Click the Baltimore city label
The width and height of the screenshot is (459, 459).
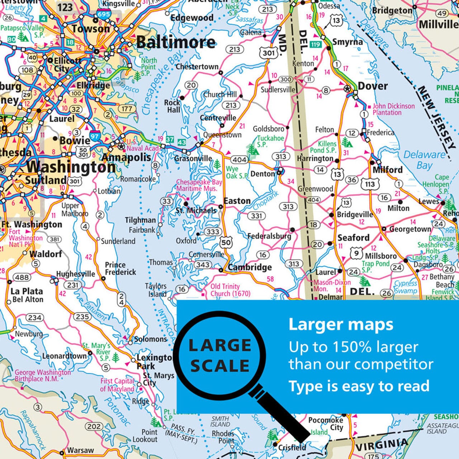(x=176, y=42)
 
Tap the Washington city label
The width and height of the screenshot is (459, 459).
(x=71, y=167)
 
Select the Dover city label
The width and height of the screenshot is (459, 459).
(x=373, y=86)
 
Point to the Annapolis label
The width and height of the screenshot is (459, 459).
(x=126, y=157)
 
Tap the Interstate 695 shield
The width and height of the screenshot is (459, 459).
(x=103, y=14)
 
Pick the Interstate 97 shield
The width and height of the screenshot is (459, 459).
(x=95, y=136)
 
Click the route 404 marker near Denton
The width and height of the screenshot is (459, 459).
(x=239, y=160)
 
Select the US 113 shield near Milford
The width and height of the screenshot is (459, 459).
(x=370, y=184)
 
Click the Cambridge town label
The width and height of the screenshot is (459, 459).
(x=250, y=267)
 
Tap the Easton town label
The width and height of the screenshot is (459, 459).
(x=237, y=201)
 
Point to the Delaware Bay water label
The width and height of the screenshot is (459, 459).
(x=425, y=160)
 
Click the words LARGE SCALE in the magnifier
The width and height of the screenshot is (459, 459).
(x=219, y=355)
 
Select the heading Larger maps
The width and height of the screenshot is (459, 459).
(x=341, y=325)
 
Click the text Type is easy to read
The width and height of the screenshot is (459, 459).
(x=359, y=386)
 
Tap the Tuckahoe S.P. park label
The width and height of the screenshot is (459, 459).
(x=270, y=141)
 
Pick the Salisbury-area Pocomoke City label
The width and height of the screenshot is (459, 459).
(x=326, y=423)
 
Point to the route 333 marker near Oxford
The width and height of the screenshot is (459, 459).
(x=213, y=232)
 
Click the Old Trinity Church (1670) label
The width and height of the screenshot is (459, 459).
(x=230, y=290)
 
